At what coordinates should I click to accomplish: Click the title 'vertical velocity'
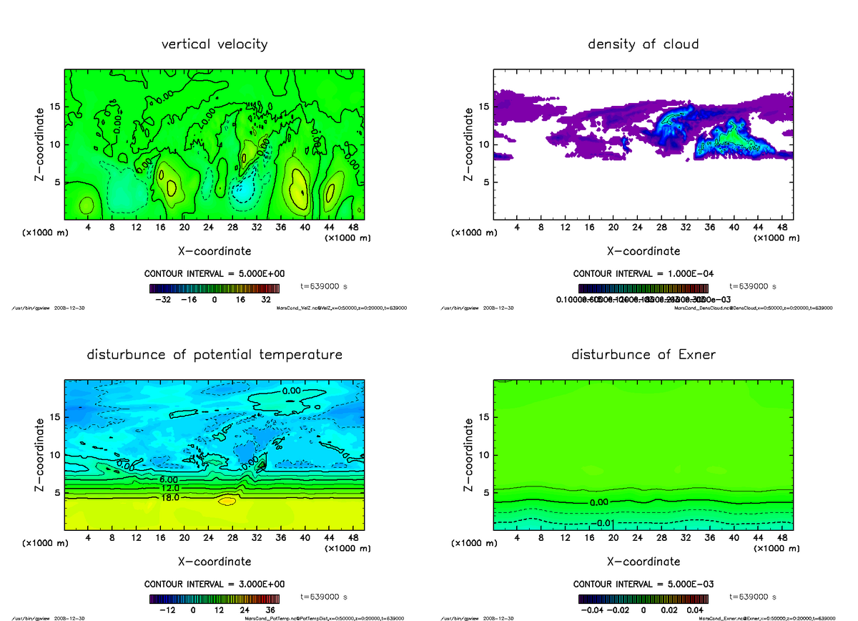(214, 44)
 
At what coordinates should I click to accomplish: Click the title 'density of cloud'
(643, 44)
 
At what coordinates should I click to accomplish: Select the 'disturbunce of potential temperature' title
(214, 355)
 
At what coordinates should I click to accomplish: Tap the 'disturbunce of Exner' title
(643, 355)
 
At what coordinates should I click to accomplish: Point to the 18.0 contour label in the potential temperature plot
(170, 497)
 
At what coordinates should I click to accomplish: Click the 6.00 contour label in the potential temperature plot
(169, 479)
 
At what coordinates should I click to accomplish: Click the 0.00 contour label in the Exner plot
(598, 502)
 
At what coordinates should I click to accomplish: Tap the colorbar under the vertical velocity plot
(214, 288)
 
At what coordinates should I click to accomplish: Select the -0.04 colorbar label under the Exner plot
(590, 610)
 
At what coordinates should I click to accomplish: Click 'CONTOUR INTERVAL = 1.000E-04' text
(643, 274)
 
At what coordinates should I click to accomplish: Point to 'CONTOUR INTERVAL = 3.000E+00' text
(214, 584)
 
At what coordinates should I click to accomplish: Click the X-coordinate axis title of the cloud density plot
(643, 251)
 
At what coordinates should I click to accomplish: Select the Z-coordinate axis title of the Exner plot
(469, 454)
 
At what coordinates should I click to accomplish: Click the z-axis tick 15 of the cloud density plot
(483, 107)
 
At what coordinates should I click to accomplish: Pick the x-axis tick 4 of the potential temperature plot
(89, 538)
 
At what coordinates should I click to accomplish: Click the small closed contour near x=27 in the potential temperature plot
(227, 501)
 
